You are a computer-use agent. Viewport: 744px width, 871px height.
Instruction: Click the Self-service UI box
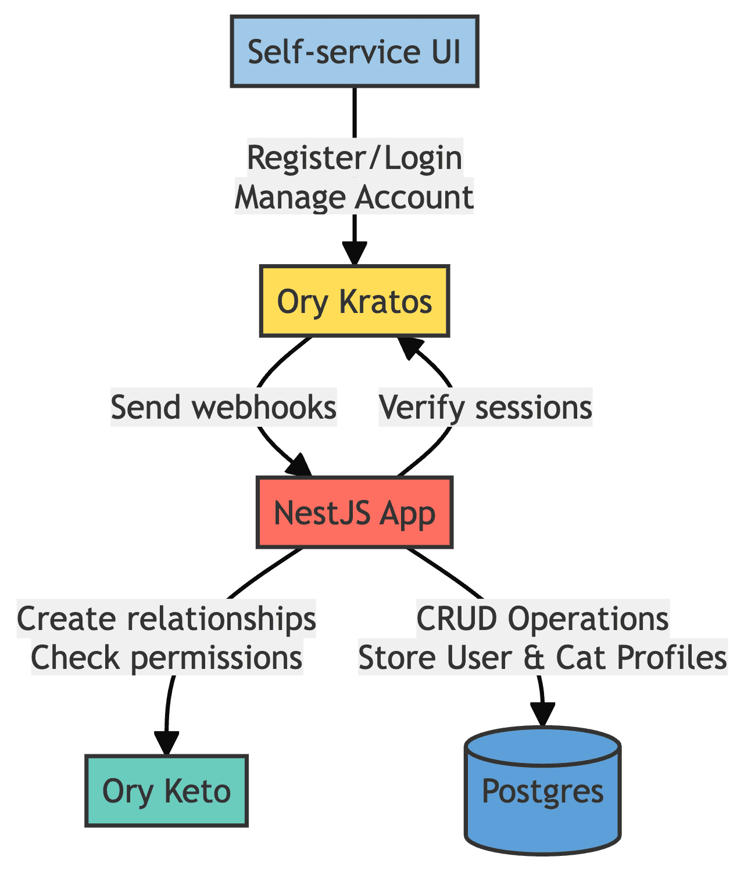pos(355,52)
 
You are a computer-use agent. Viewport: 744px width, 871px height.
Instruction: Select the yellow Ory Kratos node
pos(355,301)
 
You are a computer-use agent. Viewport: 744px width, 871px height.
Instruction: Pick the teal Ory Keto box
pos(166,791)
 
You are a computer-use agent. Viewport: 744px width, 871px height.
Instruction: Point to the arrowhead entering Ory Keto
pos(166,743)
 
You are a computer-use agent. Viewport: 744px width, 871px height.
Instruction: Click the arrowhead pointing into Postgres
pos(542,714)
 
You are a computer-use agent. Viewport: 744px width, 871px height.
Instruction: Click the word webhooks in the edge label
pos(264,408)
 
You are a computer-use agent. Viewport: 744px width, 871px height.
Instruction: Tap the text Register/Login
pos(355,158)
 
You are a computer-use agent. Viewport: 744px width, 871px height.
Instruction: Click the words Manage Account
pos(355,197)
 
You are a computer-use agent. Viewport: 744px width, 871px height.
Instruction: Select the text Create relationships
pos(166,619)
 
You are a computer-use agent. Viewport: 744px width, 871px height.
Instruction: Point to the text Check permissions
pos(166,658)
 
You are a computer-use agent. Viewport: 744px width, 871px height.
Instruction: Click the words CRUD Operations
pos(542,619)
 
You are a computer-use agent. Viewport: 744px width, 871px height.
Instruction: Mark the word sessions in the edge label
pos(533,408)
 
